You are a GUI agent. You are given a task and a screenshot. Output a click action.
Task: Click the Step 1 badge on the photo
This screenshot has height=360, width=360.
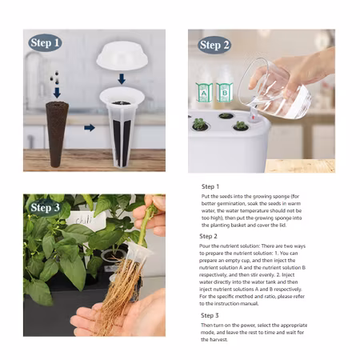45,42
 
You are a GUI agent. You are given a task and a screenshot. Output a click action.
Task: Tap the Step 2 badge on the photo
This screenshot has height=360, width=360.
214,45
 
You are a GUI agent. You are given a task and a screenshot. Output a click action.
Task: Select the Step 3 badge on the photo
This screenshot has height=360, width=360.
45,207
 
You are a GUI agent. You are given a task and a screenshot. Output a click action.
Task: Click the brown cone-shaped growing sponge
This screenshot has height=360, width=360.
57,134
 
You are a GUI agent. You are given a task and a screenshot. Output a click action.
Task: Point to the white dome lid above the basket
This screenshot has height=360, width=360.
122,55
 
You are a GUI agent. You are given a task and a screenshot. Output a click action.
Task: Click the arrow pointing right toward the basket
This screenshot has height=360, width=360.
90,128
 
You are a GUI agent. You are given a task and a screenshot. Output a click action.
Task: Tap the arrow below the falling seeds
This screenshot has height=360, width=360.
57,93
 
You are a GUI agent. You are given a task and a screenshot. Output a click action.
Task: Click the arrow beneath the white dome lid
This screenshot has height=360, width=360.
122,79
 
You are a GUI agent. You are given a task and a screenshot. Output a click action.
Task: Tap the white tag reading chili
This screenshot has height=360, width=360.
86,220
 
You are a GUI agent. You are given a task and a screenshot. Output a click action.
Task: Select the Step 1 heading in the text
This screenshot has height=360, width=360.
210,186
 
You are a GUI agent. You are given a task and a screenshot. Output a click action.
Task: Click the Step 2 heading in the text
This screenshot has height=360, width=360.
208,236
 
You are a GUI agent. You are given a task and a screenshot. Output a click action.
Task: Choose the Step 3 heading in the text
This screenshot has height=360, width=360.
210,315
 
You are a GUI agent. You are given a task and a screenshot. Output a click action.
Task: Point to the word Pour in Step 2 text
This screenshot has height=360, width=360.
204,246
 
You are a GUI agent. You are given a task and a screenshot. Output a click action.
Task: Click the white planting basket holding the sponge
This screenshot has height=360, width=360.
122,126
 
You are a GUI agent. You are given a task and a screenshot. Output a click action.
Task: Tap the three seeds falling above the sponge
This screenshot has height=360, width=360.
54,78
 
